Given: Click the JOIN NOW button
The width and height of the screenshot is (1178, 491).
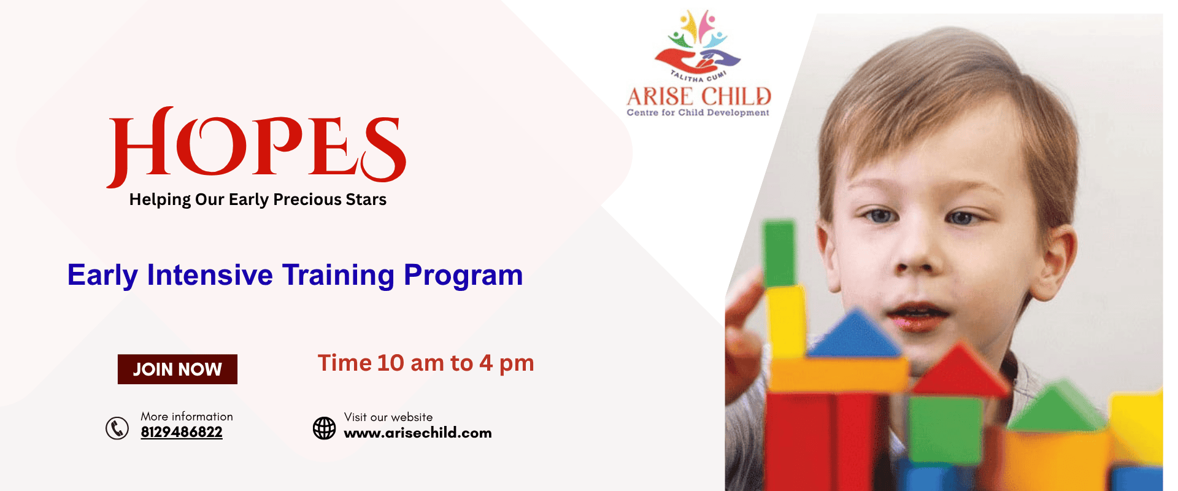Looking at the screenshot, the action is click(x=177, y=369).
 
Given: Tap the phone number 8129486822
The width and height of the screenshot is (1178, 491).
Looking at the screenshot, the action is click(x=182, y=432).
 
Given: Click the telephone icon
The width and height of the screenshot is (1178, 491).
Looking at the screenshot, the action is click(x=117, y=428).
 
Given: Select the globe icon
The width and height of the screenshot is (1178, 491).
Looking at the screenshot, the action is click(x=325, y=428).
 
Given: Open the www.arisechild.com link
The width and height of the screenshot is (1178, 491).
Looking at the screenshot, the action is click(x=418, y=433).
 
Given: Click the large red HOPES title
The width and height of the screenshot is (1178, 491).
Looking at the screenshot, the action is click(x=256, y=147).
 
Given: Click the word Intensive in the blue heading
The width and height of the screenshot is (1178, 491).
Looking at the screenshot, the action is click(x=210, y=274).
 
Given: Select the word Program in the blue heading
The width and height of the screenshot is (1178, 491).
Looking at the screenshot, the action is click(x=463, y=276).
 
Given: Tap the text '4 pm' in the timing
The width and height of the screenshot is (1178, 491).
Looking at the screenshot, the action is click(x=507, y=363).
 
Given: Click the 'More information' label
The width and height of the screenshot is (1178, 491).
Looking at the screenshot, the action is click(x=187, y=416).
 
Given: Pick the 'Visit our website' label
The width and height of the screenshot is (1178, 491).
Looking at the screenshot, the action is click(x=388, y=417).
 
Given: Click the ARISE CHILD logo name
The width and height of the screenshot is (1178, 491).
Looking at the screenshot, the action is click(x=699, y=96).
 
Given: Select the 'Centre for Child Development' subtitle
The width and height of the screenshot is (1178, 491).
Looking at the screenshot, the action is click(x=698, y=113).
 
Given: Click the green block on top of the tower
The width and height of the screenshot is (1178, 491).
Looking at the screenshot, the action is click(x=779, y=253).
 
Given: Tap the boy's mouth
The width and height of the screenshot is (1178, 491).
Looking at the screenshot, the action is click(x=917, y=314).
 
